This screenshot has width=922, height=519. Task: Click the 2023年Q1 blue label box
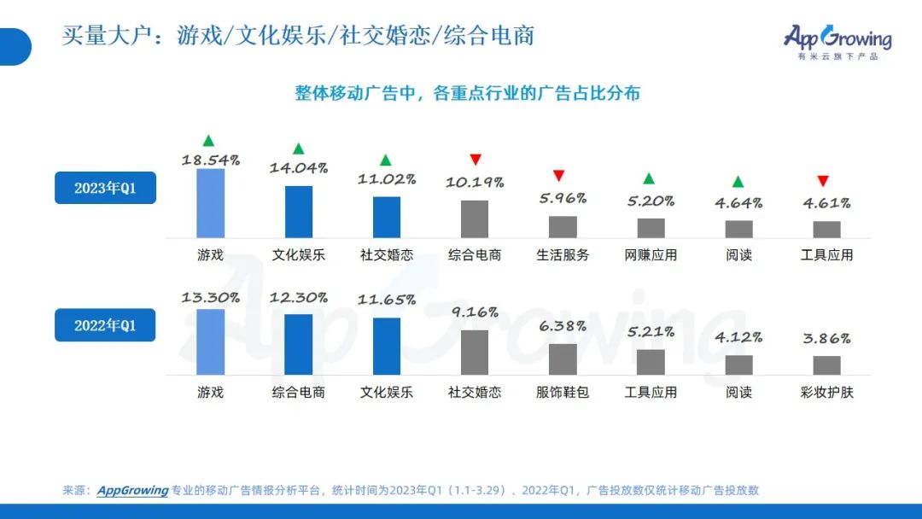105,188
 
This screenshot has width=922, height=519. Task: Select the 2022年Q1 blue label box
105,325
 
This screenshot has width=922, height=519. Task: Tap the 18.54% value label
210,160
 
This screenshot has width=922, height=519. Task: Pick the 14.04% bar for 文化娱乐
299,212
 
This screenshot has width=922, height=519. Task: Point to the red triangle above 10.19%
476,160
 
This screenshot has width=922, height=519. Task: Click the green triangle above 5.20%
649,178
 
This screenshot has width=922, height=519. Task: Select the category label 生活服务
563,254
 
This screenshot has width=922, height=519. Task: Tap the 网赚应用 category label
651,254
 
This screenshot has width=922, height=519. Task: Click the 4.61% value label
826,203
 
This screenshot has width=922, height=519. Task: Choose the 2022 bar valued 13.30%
210,341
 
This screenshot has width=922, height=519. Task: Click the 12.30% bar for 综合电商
299,344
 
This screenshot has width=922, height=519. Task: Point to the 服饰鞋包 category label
563,393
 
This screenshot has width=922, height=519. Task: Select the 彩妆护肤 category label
826,393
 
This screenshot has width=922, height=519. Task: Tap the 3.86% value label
826,339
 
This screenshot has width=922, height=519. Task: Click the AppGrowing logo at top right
837,40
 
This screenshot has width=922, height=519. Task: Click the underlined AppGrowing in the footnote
132,490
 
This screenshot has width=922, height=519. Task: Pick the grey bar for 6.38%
563,359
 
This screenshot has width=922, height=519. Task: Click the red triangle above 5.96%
559,176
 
